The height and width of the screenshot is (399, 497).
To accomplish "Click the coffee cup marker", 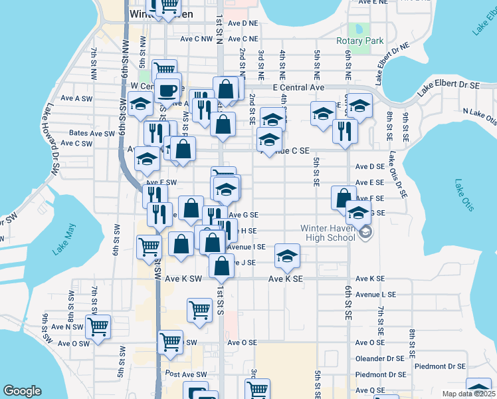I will [168, 89].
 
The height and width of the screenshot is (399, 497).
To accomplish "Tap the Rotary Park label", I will [359, 41].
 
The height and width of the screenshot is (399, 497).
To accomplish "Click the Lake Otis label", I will [464, 195].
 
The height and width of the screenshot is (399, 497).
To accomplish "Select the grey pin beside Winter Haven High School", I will [365, 232].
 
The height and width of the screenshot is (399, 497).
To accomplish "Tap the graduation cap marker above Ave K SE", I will [287, 256].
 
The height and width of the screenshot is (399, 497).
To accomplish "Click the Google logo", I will [22, 391].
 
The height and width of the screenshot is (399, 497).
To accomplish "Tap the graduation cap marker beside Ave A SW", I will [141, 104].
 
